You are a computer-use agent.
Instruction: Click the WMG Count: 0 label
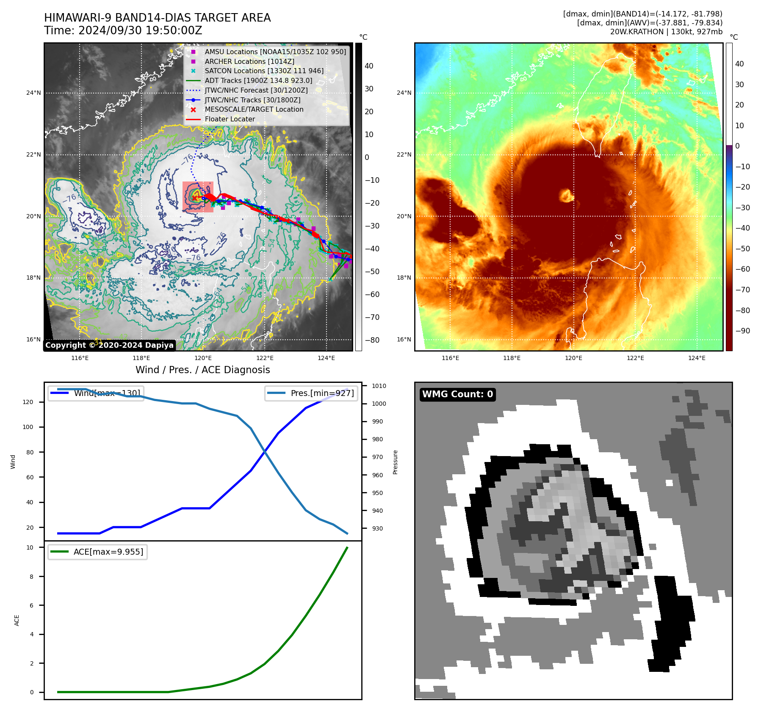click(x=457, y=394)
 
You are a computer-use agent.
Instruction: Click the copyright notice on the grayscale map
click(x=109, y=345)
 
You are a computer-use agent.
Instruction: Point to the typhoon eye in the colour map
click(x=566, y=195)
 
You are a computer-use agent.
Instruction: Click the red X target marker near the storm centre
click(x=194, y=198)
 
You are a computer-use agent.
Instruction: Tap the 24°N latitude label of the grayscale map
click(x=34, y=93)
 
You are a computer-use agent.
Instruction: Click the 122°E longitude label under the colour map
click(x=635, y=358)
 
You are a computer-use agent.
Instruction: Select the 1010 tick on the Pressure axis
click(x=379, y=386)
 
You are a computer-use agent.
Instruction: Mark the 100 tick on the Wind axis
click(x=28, y=427)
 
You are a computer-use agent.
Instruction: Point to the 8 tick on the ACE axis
click(x=32, y=576)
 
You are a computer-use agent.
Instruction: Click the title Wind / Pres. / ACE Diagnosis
click(x=202, y=370)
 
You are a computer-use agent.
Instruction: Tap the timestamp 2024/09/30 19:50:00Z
click(x=140, y=30)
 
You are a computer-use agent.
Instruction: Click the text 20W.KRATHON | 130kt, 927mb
click(x=666, y=32)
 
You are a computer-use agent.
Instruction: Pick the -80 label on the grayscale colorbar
click(x=372, y=340)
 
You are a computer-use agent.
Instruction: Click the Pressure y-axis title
click(x=395, y=462)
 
